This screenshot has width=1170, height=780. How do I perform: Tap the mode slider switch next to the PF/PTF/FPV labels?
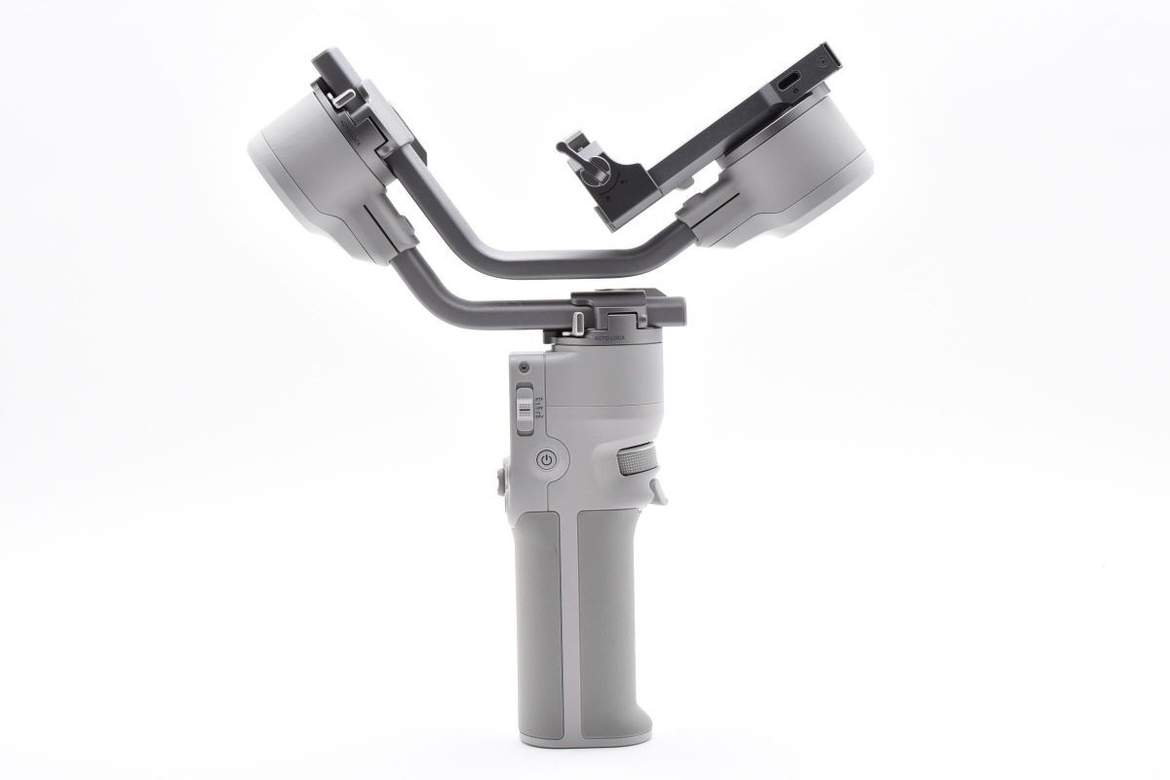pos(525,410)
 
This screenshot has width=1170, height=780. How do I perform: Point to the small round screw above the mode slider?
pos(524,369)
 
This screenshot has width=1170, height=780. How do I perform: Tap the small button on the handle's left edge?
pos(500,480)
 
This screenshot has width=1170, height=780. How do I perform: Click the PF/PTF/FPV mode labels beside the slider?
pos(540,410)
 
